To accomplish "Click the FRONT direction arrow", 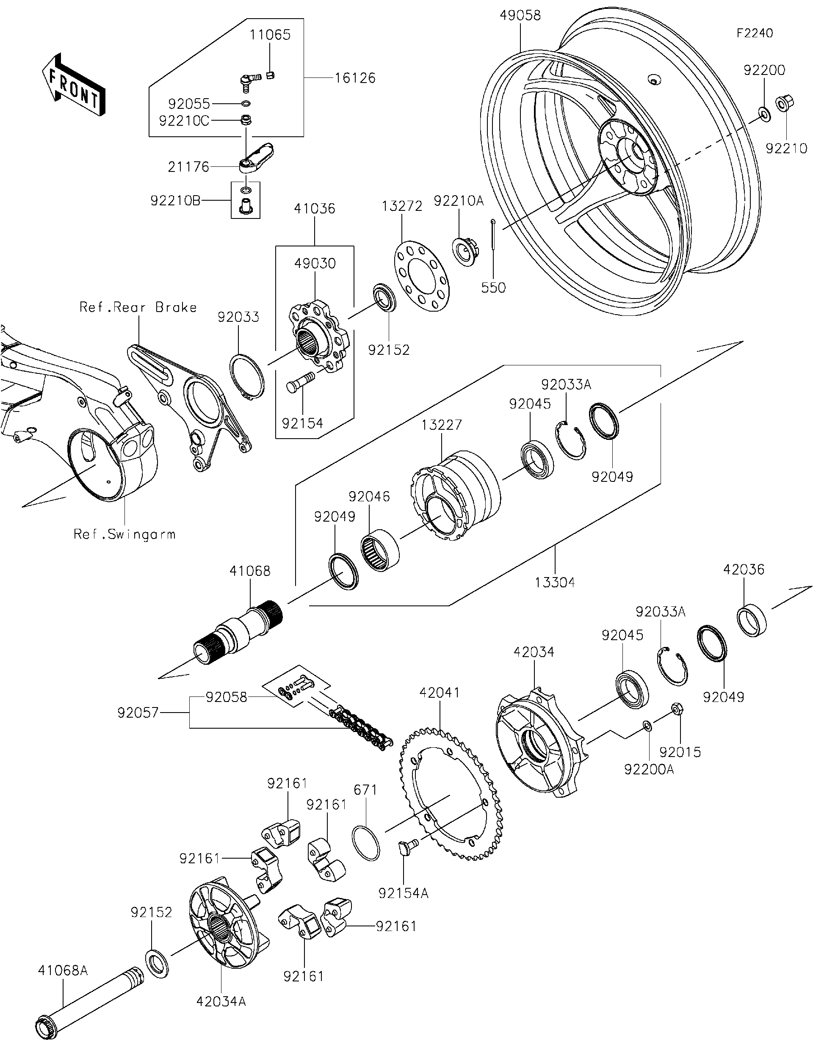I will pos(73,86).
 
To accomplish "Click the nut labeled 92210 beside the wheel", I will pos(785,103).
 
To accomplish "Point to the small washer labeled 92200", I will pos(763,113).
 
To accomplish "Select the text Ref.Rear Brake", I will pos(138,308).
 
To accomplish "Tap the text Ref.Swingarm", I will pos(124,535).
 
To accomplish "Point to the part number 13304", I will pos(555,583).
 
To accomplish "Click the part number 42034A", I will pos(221,1001).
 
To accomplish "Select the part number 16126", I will pos(355,78).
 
